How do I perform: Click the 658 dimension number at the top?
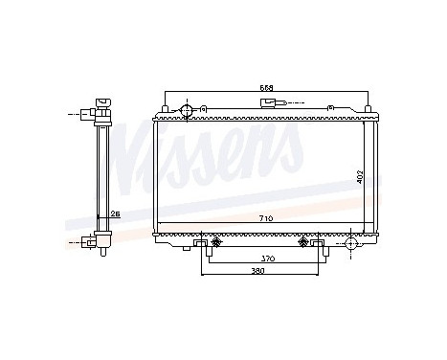[267, 88]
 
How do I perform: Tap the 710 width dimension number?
[265, 219]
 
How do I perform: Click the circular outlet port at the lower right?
[350, 245]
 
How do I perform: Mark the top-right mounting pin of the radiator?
[368, 108]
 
